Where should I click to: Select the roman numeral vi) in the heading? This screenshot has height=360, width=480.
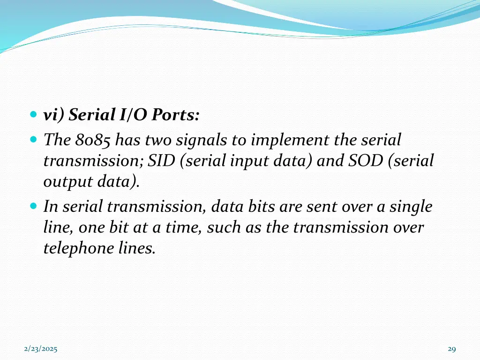[54, 115]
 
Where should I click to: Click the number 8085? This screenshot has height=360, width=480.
[93, 140]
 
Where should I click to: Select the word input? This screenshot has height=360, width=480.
[247, 161]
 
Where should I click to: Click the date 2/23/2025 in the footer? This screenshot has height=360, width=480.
[41, 349]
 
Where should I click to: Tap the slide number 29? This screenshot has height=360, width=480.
[452, 349]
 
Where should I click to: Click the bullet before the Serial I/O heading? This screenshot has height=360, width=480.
[33, 115]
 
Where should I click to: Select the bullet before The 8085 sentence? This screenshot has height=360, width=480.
[33, 140]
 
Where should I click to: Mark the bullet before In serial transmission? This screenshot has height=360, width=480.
[33, 206]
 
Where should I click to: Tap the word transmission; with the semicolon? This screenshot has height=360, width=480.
[94, 161]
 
